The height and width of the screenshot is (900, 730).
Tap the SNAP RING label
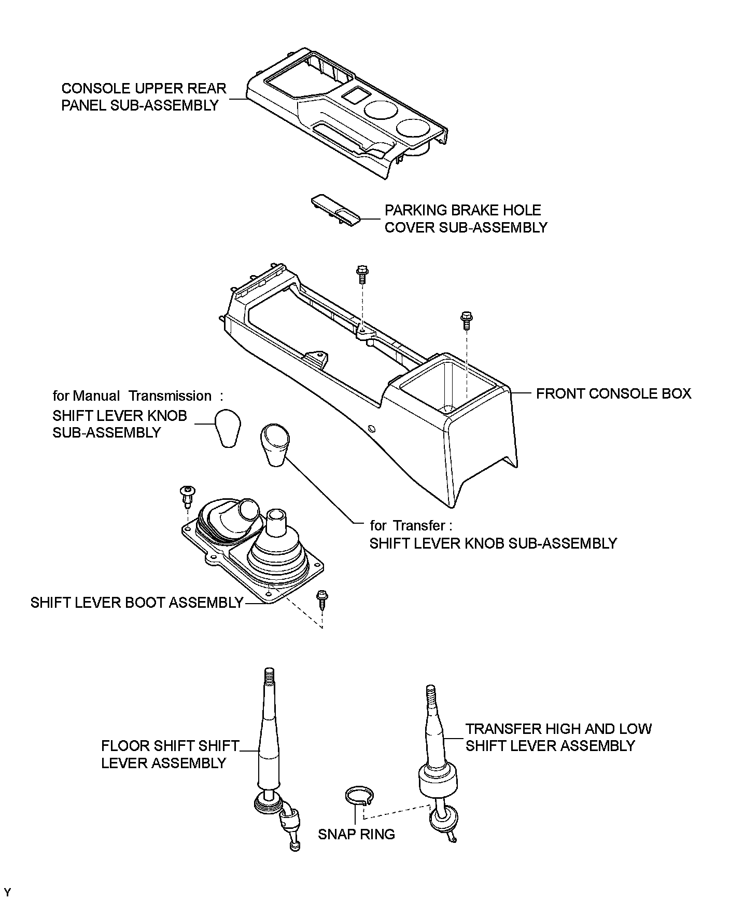[356, 834]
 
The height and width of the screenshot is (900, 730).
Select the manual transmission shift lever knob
[228, 428]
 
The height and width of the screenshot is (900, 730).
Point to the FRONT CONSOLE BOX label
[613, 393]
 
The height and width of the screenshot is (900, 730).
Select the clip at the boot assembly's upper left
[187, 495]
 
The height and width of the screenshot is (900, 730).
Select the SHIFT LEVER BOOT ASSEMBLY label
[137, 603]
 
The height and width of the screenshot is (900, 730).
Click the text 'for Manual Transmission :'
[138, 396]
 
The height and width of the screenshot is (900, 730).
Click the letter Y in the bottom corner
[7, 892]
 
